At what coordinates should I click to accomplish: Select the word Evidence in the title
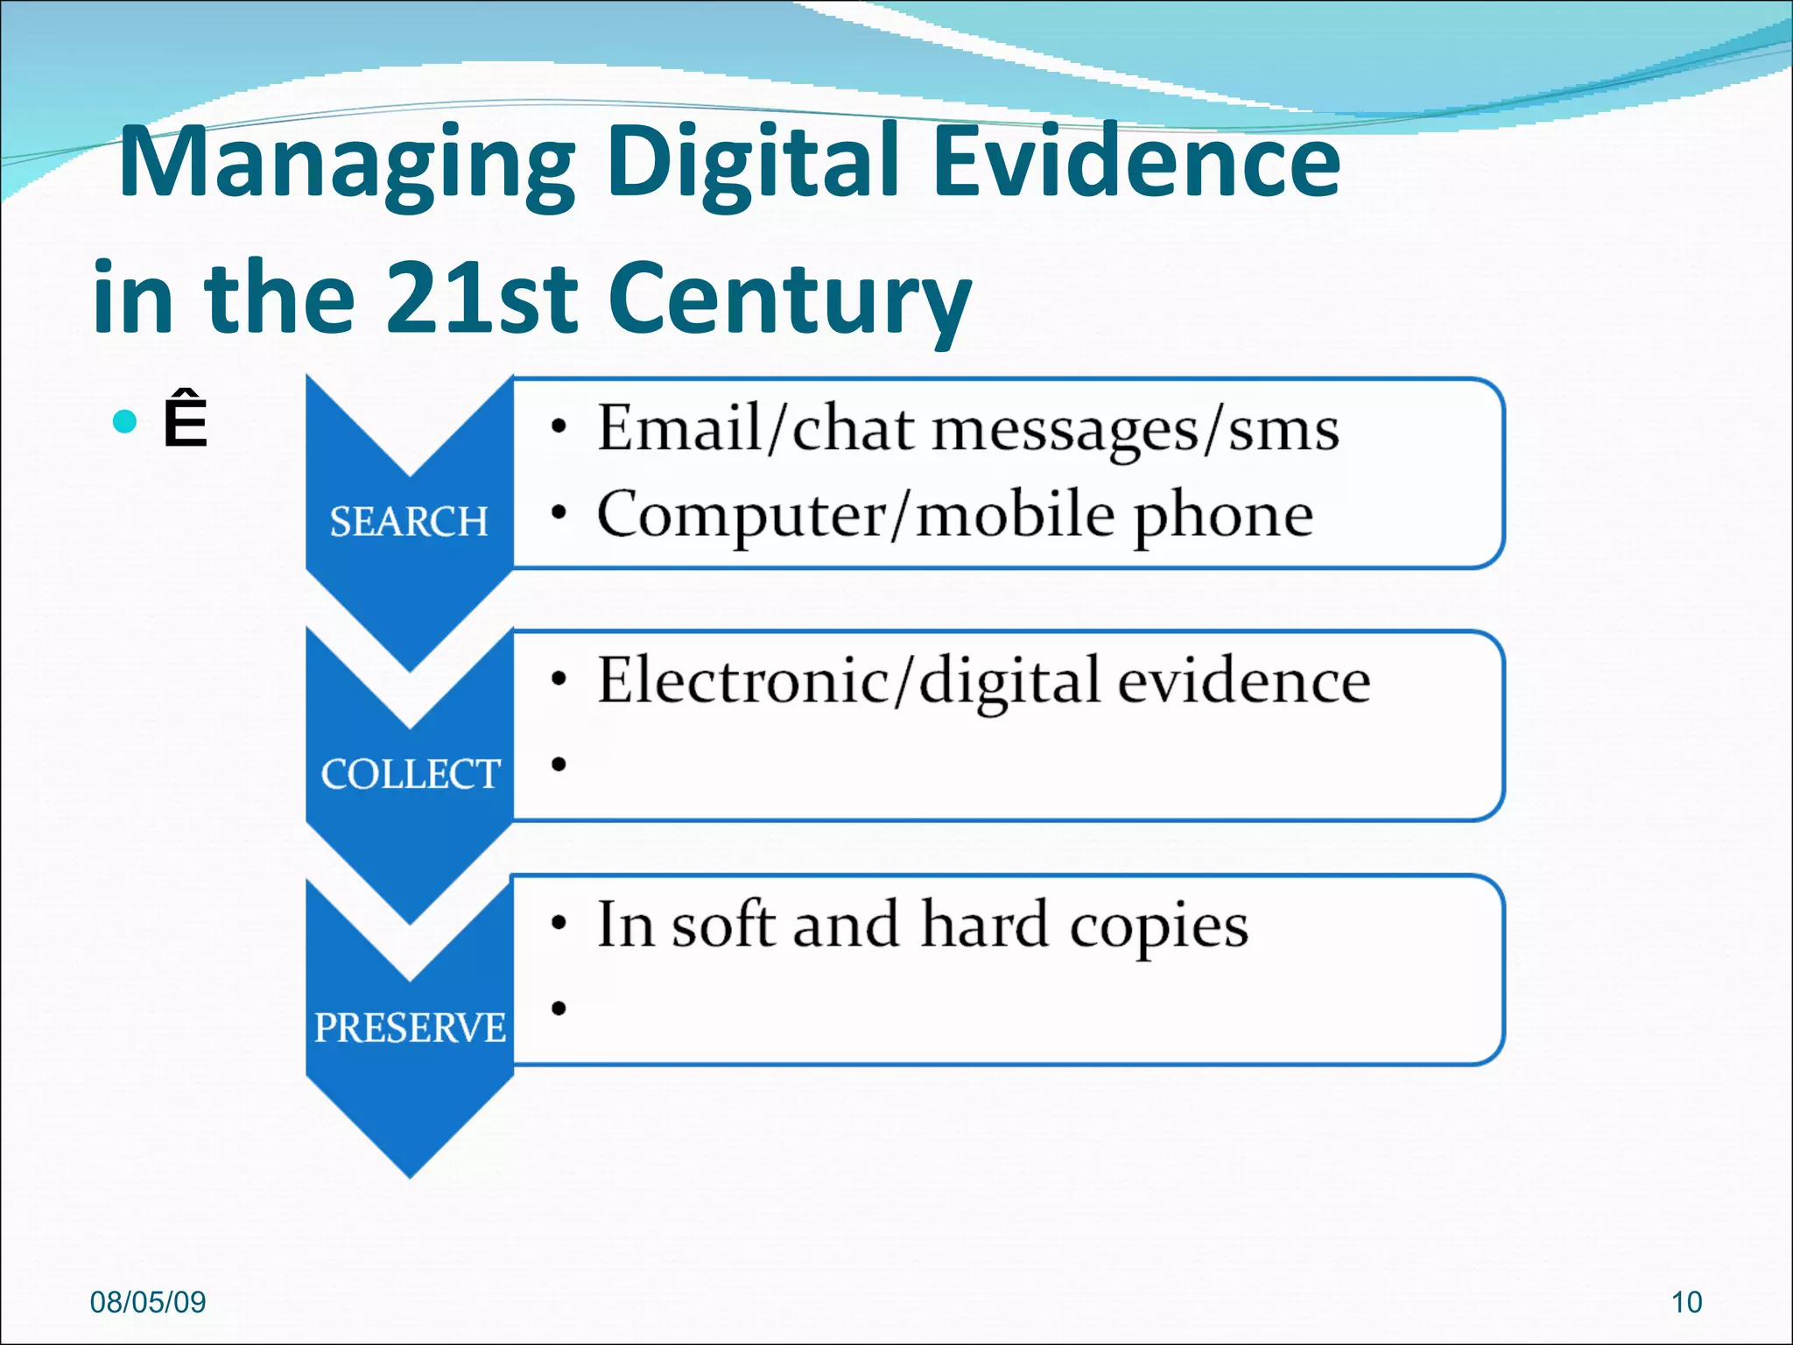(x=1136, y=162)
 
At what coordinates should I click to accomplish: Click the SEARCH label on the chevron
(x=409, y=522)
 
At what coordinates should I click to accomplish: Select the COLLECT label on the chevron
(x=410, y=774)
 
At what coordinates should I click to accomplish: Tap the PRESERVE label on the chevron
(x=410, y=1027)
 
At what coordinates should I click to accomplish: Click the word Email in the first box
(x=679, y=428)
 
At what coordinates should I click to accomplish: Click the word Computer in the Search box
(x=741, y=516)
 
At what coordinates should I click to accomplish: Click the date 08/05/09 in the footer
(x=148, y=1302)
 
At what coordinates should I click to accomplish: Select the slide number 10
(x=1686, y=1302)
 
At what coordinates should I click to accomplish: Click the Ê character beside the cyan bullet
(x=185, y=421)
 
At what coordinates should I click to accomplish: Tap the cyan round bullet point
(x=125, y=422)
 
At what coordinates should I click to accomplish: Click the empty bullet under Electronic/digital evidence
(x=559, y=764)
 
